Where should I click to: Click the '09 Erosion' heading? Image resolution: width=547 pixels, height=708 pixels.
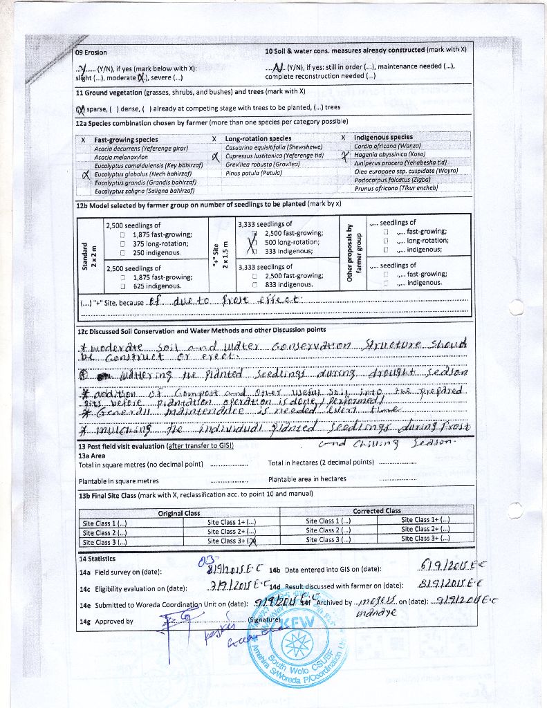pyautogui.click(x=92, y=53)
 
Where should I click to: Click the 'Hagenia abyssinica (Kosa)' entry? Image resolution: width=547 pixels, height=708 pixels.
pyautogui.click(x=389, y=154)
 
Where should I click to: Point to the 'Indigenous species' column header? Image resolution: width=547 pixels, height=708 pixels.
pyautogui.click(x=383, y=138)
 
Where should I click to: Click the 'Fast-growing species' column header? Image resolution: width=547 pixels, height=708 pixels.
pyautogui.click(x=126, y=139)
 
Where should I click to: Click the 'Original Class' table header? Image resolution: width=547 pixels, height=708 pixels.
pyautogui.click(x=179, y=513)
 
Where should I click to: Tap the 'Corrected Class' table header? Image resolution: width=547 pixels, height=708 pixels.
pyautogui.click(x=377, y=511)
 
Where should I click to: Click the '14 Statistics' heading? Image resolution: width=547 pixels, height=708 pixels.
pyautogui.click(x=97, y=559)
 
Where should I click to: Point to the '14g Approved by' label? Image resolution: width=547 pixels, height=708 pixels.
pyautogui.click(x=106, y=621)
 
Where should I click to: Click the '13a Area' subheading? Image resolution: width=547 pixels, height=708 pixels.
pyautogui.click(x=92, y=456)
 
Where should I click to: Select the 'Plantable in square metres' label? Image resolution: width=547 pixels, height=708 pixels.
pyautogui.click(x=118, y=481)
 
